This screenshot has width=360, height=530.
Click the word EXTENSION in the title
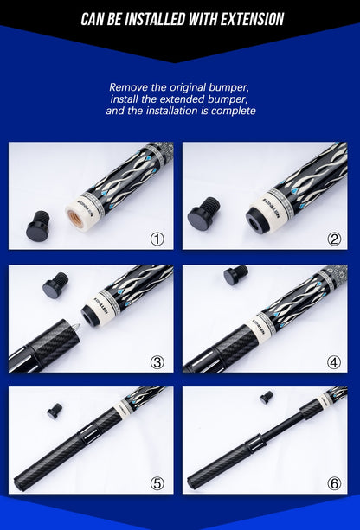252,19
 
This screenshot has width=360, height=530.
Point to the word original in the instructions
188,87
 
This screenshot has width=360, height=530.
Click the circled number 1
157,239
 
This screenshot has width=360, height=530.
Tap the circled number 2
334,239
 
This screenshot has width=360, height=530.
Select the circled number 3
157,362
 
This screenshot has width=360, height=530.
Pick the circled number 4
334,362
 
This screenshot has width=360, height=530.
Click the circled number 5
157,483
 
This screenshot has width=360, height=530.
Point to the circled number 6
334,483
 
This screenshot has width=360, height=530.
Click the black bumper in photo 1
38,226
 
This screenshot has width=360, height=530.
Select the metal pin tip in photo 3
75,327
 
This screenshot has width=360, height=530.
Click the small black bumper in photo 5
55,411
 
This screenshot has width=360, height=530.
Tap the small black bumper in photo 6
267,398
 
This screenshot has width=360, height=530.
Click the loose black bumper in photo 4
235,275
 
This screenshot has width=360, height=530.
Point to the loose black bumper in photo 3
55,285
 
